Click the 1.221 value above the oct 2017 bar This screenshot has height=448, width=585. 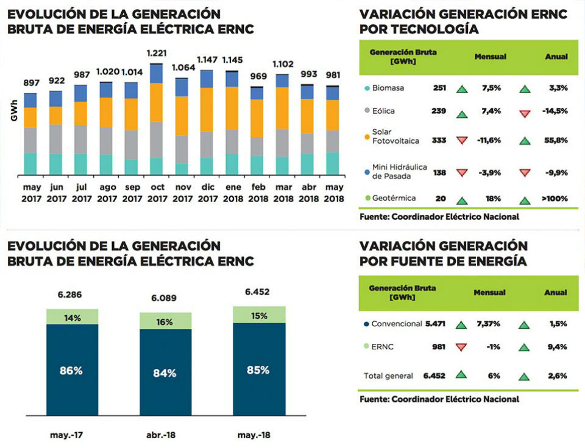tap(157, 54)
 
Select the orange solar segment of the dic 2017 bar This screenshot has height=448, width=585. tap(207, 110)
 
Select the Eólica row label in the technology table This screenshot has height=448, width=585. tap(386, 111)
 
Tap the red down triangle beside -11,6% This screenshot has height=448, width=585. tap(462, 141)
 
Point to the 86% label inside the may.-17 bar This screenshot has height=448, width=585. tap(72, 371)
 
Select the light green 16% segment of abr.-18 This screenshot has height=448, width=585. tap(165, 321)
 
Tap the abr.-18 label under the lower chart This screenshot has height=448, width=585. tap(165, 436)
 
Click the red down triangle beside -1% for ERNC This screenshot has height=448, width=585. tap(462, 347)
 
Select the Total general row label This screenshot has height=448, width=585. tap(388, 376)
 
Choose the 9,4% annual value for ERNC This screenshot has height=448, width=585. tap(558, 347)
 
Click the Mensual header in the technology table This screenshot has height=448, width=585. tap(490, 57)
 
